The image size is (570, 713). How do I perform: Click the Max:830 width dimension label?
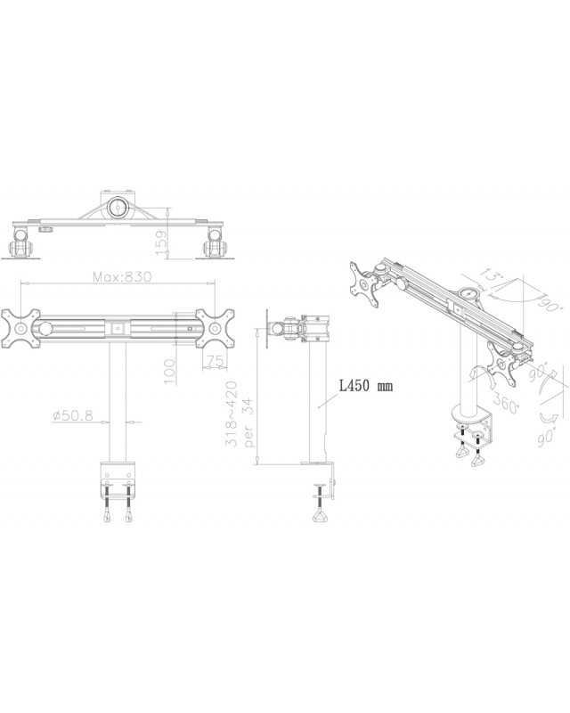(x=123, y=277)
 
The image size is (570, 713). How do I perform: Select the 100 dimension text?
(x=168, y=369)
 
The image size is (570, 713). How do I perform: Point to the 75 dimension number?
(x=212, y=360)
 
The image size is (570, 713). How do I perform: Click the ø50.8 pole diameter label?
(x=74, y=415)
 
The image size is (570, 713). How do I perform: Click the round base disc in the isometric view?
(x=467, y=414)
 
